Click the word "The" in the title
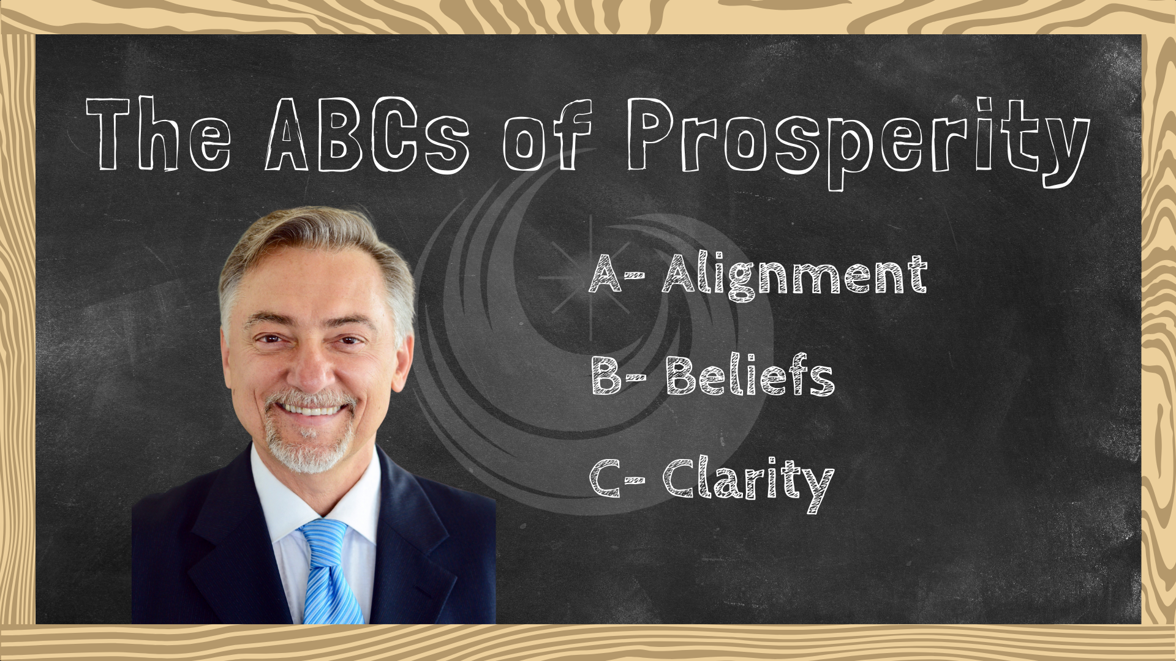point(159,134)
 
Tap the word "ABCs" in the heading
point(367,135)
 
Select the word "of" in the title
point(547,135)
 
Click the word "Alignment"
point(795,277)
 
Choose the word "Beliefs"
point(750,375)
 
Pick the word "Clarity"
point(748,484)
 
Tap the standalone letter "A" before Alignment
point(605,274)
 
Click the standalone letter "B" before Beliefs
point(606,375)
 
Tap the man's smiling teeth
point(311,409)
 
